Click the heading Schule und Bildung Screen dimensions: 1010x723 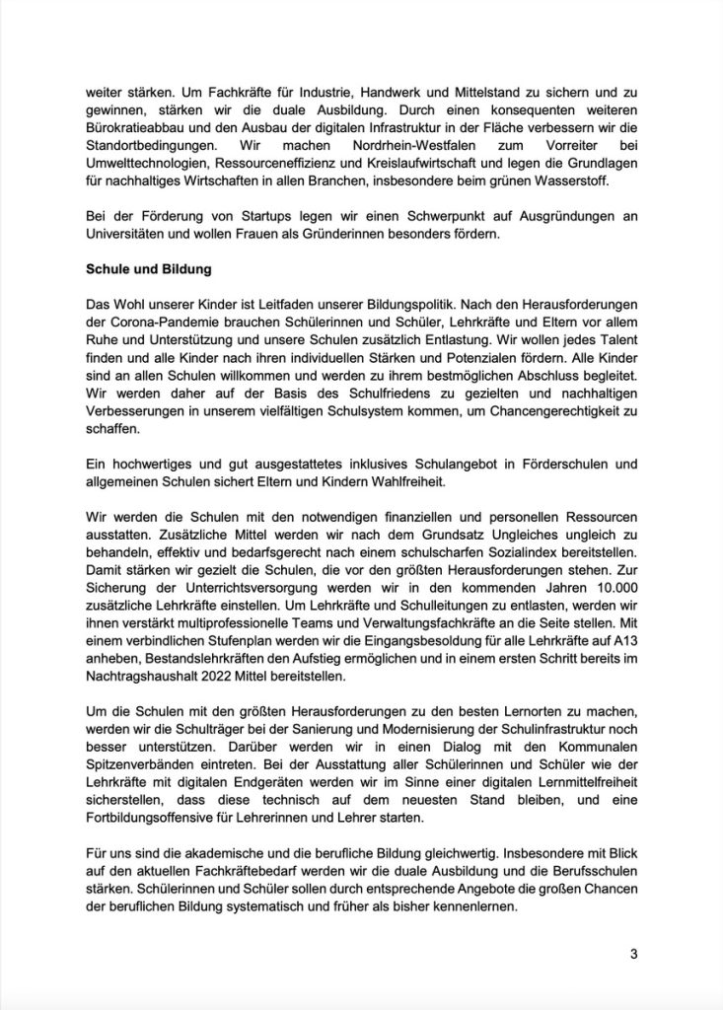(149, 268)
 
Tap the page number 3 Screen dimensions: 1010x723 (635, 954)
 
